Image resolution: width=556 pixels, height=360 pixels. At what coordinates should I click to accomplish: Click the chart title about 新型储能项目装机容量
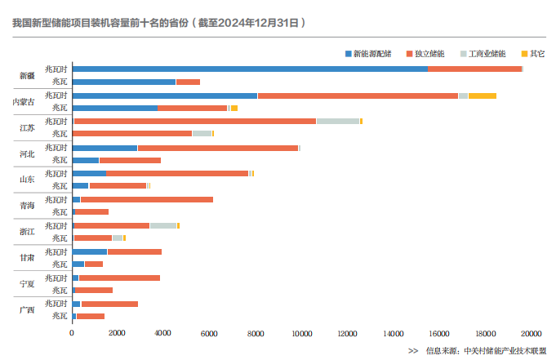[159, 24]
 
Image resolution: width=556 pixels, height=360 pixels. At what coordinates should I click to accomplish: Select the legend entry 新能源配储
[371, 54]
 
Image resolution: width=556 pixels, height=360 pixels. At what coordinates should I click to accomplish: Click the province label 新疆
[28, 76]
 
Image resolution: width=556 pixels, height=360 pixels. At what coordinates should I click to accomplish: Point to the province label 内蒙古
[24, 102]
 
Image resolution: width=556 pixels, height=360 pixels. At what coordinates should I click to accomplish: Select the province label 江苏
[28, 128]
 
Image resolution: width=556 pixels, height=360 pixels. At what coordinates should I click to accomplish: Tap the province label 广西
[28, 309]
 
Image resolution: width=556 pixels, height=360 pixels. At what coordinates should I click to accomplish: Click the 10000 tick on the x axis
[302, 333]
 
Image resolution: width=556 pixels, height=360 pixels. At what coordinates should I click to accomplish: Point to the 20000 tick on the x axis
[532, 333]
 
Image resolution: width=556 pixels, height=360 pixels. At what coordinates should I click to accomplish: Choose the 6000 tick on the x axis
[210, 333]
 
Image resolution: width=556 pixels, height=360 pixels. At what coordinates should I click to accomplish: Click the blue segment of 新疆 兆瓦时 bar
[249, 69]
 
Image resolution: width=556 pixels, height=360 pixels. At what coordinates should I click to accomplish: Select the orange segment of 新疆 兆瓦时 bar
[474, 69]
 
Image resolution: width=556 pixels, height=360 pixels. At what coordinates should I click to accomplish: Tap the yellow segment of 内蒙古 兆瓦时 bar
[482, 96]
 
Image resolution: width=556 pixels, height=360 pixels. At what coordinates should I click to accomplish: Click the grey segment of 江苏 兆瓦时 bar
[338, 122]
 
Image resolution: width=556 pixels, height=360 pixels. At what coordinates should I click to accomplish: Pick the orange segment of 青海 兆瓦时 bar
[146, 199]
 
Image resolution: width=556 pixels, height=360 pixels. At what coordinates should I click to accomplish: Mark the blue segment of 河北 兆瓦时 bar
[105, 148]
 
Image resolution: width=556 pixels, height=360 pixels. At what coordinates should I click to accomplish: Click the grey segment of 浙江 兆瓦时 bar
[163, 225]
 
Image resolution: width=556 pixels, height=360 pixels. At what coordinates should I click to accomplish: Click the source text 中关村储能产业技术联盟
[504, 350]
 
